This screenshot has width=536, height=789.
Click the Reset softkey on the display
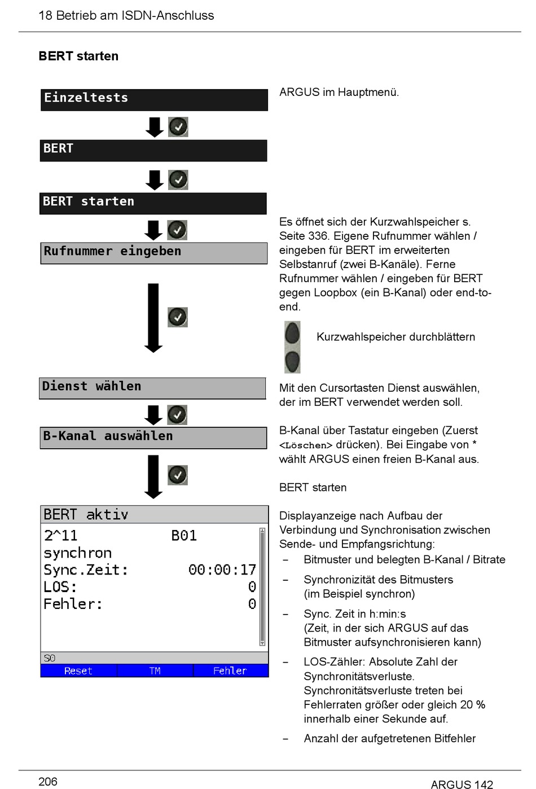tap(78, 670)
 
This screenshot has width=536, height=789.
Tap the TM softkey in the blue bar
tap(155, 670)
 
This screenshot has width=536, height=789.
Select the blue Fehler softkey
tap(230, 670)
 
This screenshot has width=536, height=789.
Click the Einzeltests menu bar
tap(154, 100)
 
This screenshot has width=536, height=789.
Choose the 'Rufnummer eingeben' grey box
tap(154, 253)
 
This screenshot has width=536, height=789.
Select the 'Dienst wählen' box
tap(152, 388)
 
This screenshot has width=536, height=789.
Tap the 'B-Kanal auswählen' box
tap(153, 438)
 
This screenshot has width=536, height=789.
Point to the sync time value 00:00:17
tap(222, 569)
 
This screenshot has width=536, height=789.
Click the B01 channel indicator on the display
tap(184, 536)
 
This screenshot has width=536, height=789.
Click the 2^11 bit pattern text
tap(60, 536)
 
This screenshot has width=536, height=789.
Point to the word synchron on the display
tap(77, 553)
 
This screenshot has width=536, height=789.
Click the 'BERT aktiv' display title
tap(86, 515)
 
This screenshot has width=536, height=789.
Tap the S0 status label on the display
tap(50, 658)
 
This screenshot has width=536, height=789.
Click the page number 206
tap(48, 781)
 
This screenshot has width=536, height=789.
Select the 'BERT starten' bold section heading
tap(78, 56)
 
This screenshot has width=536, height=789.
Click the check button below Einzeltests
tap(178, 127)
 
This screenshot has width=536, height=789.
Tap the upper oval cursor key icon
tap(292, 333)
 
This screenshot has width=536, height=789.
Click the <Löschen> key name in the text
tap(306, 445)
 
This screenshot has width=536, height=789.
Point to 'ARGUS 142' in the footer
tap(462, 784)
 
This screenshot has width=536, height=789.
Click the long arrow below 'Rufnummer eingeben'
tap(153, 318)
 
